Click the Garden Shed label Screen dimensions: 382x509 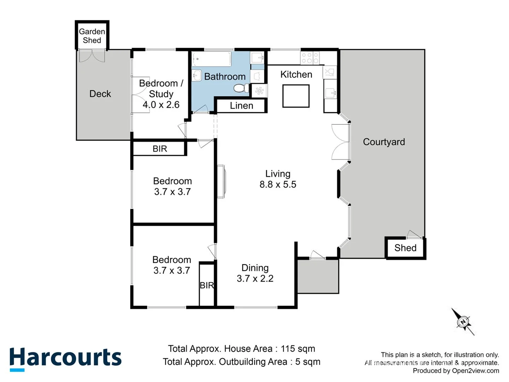coord(92,36)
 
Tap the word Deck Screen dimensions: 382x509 coord(100,94)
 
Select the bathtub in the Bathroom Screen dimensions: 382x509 coord(211,59)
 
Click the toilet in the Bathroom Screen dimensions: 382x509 coord(242,88)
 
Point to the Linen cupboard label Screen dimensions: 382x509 coord(241,106)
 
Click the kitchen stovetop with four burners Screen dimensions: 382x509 coord(310,58)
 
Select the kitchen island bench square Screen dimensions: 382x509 coord(296,96)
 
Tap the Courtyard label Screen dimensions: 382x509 coord(384,142)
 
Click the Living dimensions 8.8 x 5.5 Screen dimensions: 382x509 coord(278,185)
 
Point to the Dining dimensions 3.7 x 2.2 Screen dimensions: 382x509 coord(255,279)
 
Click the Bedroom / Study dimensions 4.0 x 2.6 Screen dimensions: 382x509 coord(161,105)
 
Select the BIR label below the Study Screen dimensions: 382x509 coord(160,149)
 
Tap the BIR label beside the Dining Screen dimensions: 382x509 coord(207,285)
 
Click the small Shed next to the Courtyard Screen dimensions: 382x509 coord(405,248)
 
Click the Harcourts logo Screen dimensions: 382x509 coord(65,358)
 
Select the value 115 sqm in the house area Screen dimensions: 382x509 coord(298,349)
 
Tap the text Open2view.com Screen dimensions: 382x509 coord(475,371)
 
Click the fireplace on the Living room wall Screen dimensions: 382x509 coord(221,181)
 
